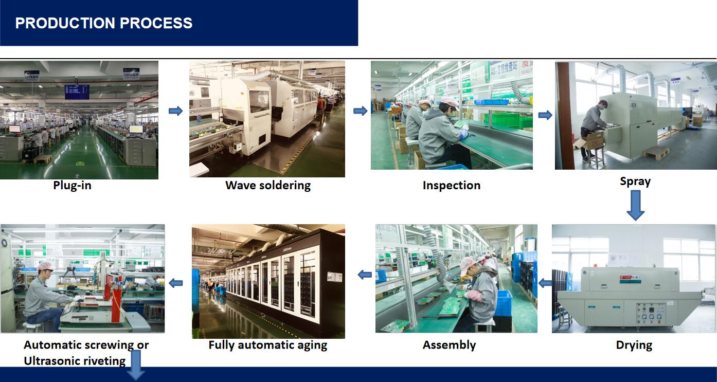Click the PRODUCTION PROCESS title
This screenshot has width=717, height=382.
pos(104,23)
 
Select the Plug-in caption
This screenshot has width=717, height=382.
pos(72,185)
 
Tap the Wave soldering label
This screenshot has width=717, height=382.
pos(267,185)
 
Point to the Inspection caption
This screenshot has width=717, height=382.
pos(451,185)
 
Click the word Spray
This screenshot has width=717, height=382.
pos(635,181)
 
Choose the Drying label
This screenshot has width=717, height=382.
pos(634,345)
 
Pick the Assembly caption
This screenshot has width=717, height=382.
pos(449,345)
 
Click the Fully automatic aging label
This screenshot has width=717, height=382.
pos(267,345)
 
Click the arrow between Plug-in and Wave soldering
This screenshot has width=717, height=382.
pos(175,111)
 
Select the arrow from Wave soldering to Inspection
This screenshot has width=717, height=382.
pos(360,111)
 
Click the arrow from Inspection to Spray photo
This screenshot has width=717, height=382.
pos(545,115)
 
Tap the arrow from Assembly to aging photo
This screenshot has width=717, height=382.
pos(365,275)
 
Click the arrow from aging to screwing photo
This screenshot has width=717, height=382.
pos(176,283)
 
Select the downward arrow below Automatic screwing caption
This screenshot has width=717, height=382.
pos(136,366)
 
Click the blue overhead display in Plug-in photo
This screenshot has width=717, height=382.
pos(77,92)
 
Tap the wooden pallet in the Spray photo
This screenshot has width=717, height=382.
pos(656,152)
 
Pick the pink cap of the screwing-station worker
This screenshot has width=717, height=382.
pos(45,266)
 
